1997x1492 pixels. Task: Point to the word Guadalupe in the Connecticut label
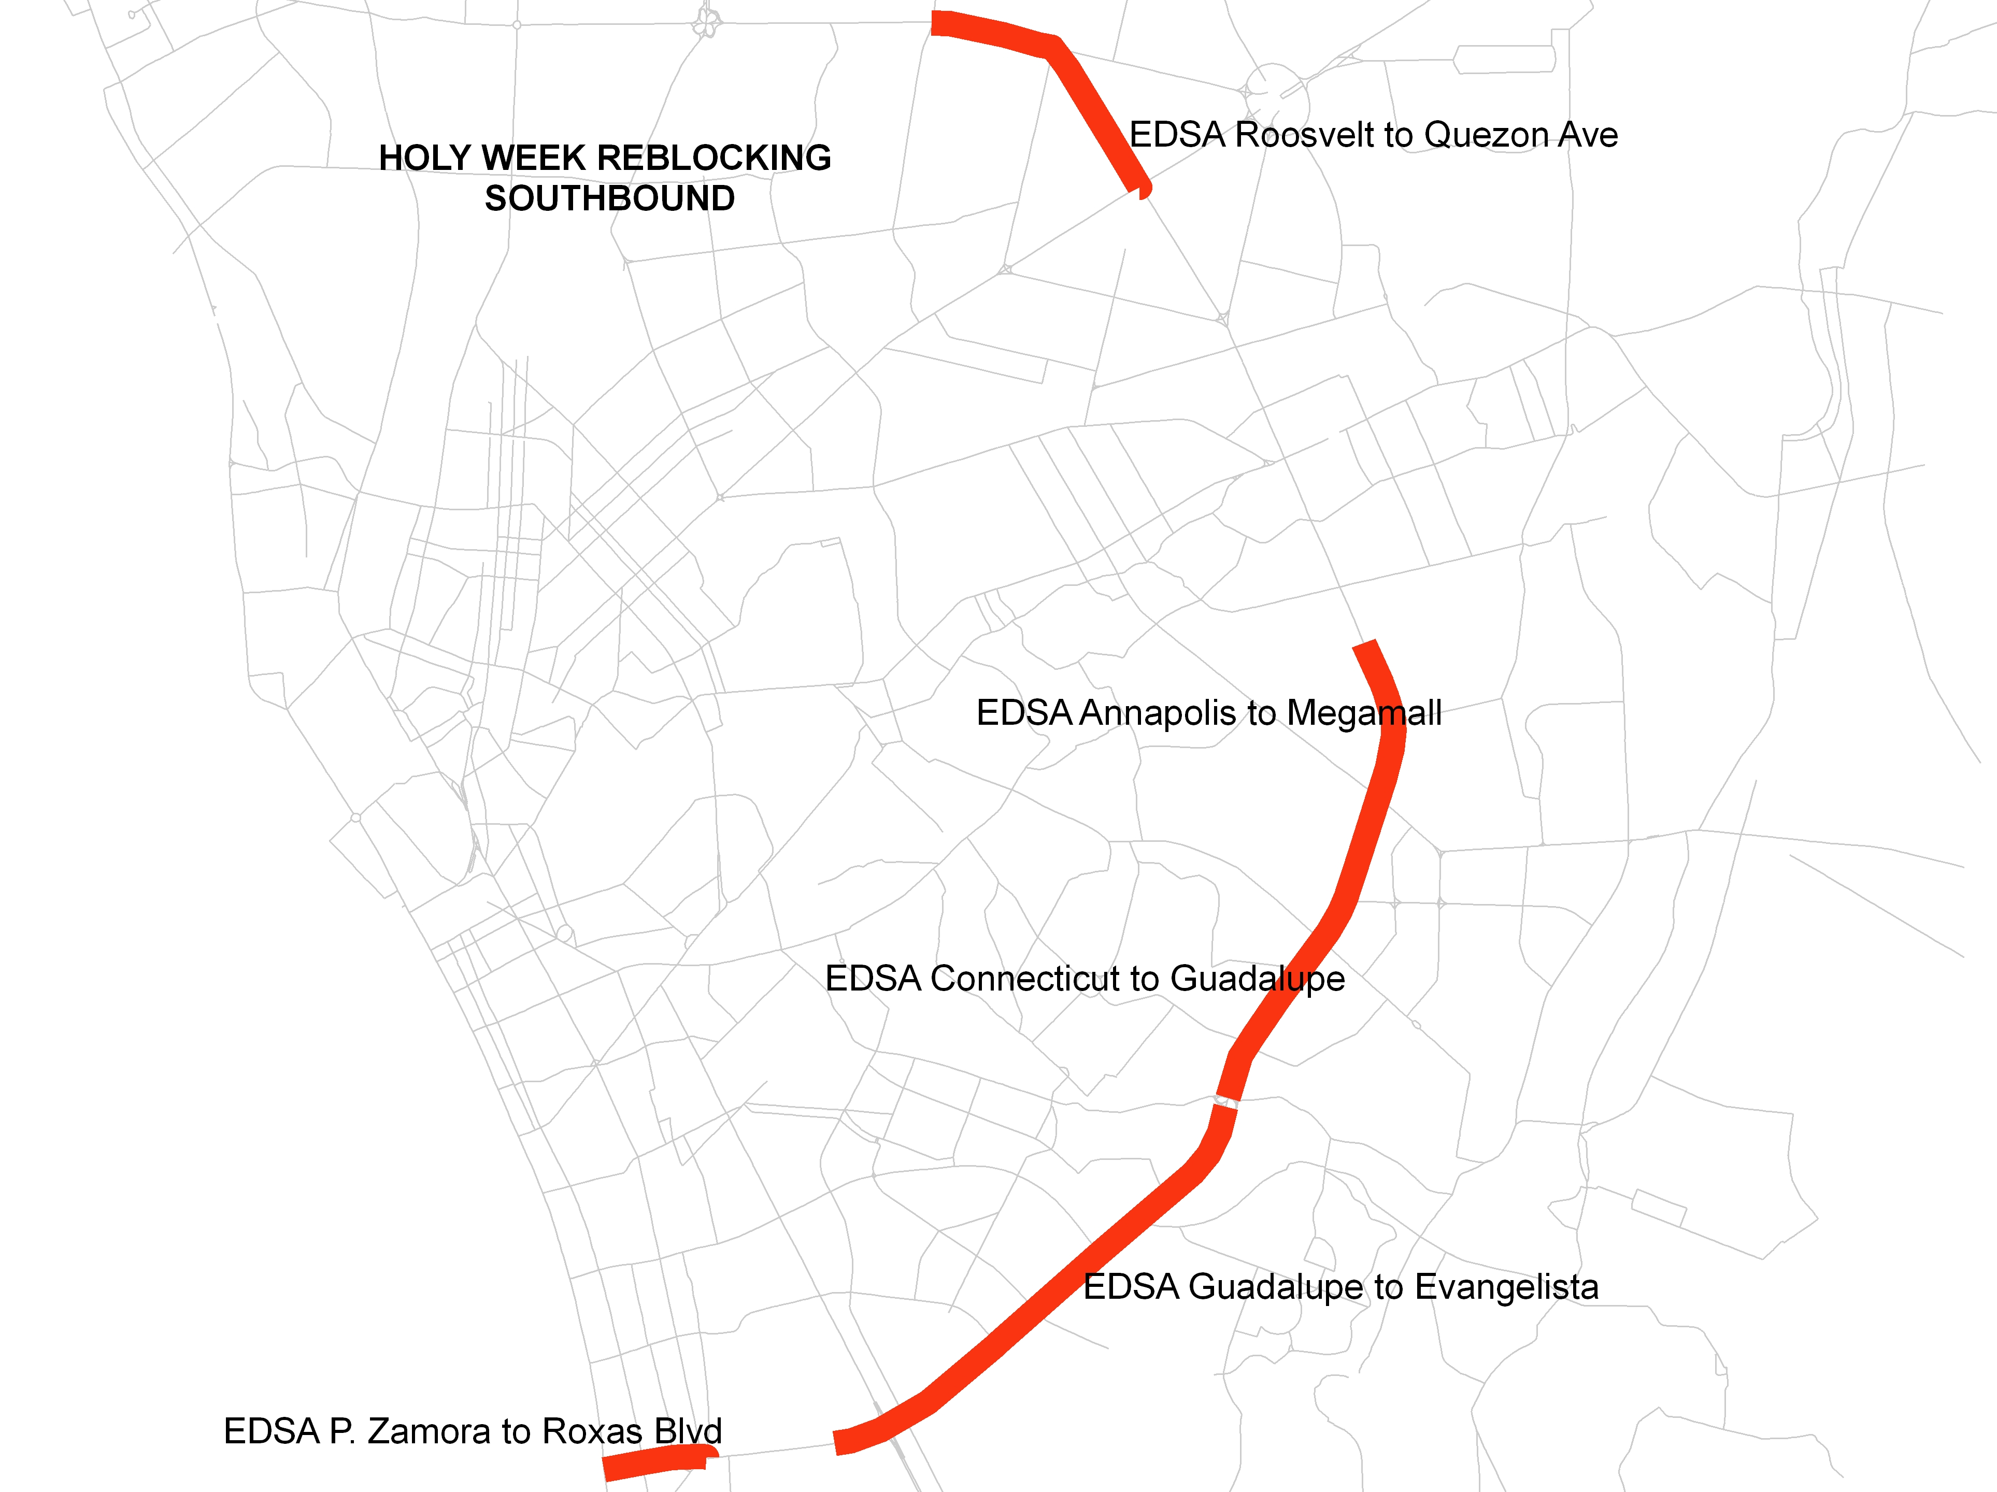point(1258,979)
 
